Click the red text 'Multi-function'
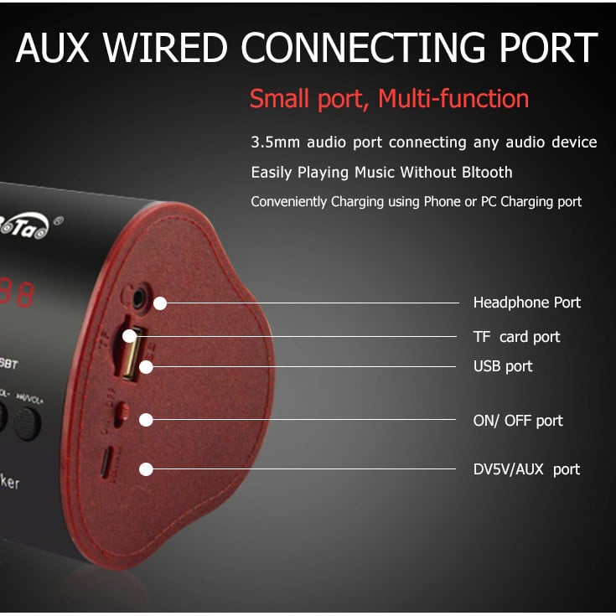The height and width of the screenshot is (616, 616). pos(453,99)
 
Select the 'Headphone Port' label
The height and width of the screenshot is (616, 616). pos(526,303)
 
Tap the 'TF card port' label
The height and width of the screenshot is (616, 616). pos(516,337)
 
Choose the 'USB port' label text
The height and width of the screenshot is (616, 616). pos(503,366)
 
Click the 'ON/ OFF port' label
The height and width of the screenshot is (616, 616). pos(518,421)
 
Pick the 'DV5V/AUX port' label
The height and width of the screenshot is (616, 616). pos(526,469)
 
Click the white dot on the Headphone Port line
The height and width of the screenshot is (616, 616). pos(160,303)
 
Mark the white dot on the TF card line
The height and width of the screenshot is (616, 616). pos(130,337)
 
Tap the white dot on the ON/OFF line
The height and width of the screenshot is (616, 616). pos(147,420)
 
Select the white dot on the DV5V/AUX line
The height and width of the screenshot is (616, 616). pos(147,469)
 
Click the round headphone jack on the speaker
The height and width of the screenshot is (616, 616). pos(134,295)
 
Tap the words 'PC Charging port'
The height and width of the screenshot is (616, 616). pos(528,202)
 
